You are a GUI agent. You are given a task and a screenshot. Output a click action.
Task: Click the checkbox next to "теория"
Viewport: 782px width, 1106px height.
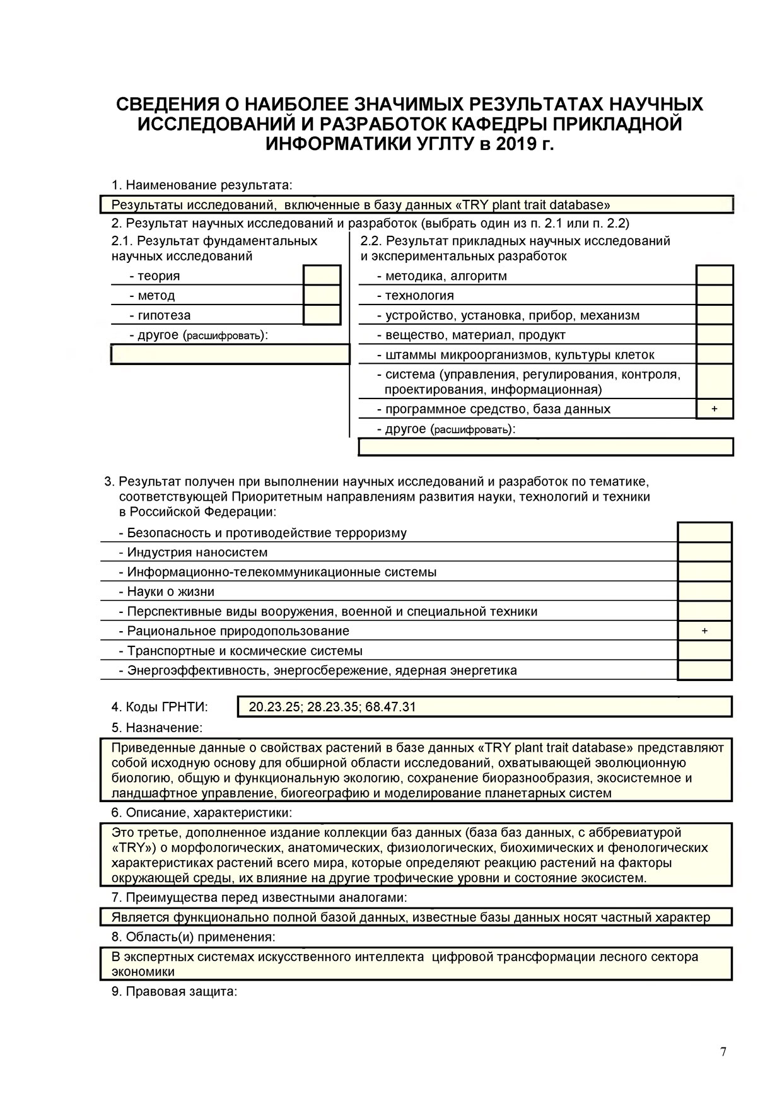[322, 276]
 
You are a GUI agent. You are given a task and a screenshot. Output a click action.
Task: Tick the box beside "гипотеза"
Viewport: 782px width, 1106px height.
[322, 315]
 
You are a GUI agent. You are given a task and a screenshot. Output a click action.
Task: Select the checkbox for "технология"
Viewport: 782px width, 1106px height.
[715, 295]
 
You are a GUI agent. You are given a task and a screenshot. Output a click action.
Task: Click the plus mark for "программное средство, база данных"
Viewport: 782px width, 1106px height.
[715, 409]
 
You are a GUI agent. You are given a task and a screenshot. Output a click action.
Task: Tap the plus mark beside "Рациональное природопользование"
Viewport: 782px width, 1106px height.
[704, 631]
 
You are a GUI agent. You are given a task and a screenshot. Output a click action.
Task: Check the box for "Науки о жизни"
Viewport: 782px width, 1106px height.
[704, 591]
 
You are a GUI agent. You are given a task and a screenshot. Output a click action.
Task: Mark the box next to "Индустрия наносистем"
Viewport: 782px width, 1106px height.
[704, 552]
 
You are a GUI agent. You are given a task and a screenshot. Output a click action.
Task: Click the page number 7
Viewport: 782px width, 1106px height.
[723, 1052]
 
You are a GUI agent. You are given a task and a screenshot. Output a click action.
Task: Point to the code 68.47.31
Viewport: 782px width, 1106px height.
[390, 707]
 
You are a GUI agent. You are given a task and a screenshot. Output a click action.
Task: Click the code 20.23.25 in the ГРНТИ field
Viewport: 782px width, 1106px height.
[274, 707]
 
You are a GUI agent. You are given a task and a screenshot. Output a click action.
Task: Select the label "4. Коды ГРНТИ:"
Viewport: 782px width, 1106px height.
[160, 707]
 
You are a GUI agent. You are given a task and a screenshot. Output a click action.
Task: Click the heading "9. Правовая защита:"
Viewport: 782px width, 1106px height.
[174, 992]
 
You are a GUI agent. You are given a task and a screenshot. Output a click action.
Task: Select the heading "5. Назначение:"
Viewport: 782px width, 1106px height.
[157, 728]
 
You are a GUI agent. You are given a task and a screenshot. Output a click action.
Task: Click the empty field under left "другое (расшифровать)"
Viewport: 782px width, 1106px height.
[230, 354]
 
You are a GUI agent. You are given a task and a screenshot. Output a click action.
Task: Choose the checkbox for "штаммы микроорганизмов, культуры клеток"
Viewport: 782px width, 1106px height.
[715, 354]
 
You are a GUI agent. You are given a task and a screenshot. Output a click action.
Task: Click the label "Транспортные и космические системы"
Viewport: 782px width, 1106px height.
[245, 651]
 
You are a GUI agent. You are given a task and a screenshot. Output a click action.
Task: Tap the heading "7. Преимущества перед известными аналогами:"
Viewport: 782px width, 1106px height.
[259, 897]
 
